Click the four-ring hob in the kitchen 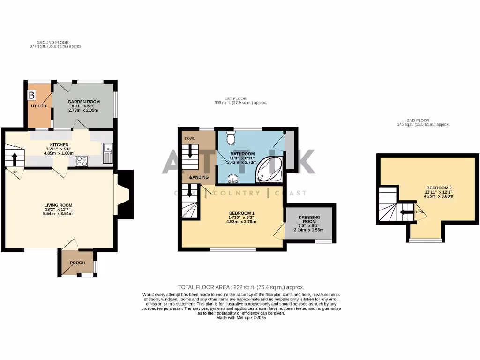(82, 161)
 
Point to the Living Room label (58, 205)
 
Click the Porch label (77, 263)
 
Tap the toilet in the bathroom (231, 138)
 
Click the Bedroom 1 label (242, 213)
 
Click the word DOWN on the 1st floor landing (190, 139)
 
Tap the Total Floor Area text (241, 287)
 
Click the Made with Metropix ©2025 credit (241, 317)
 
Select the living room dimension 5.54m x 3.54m (58, 214)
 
